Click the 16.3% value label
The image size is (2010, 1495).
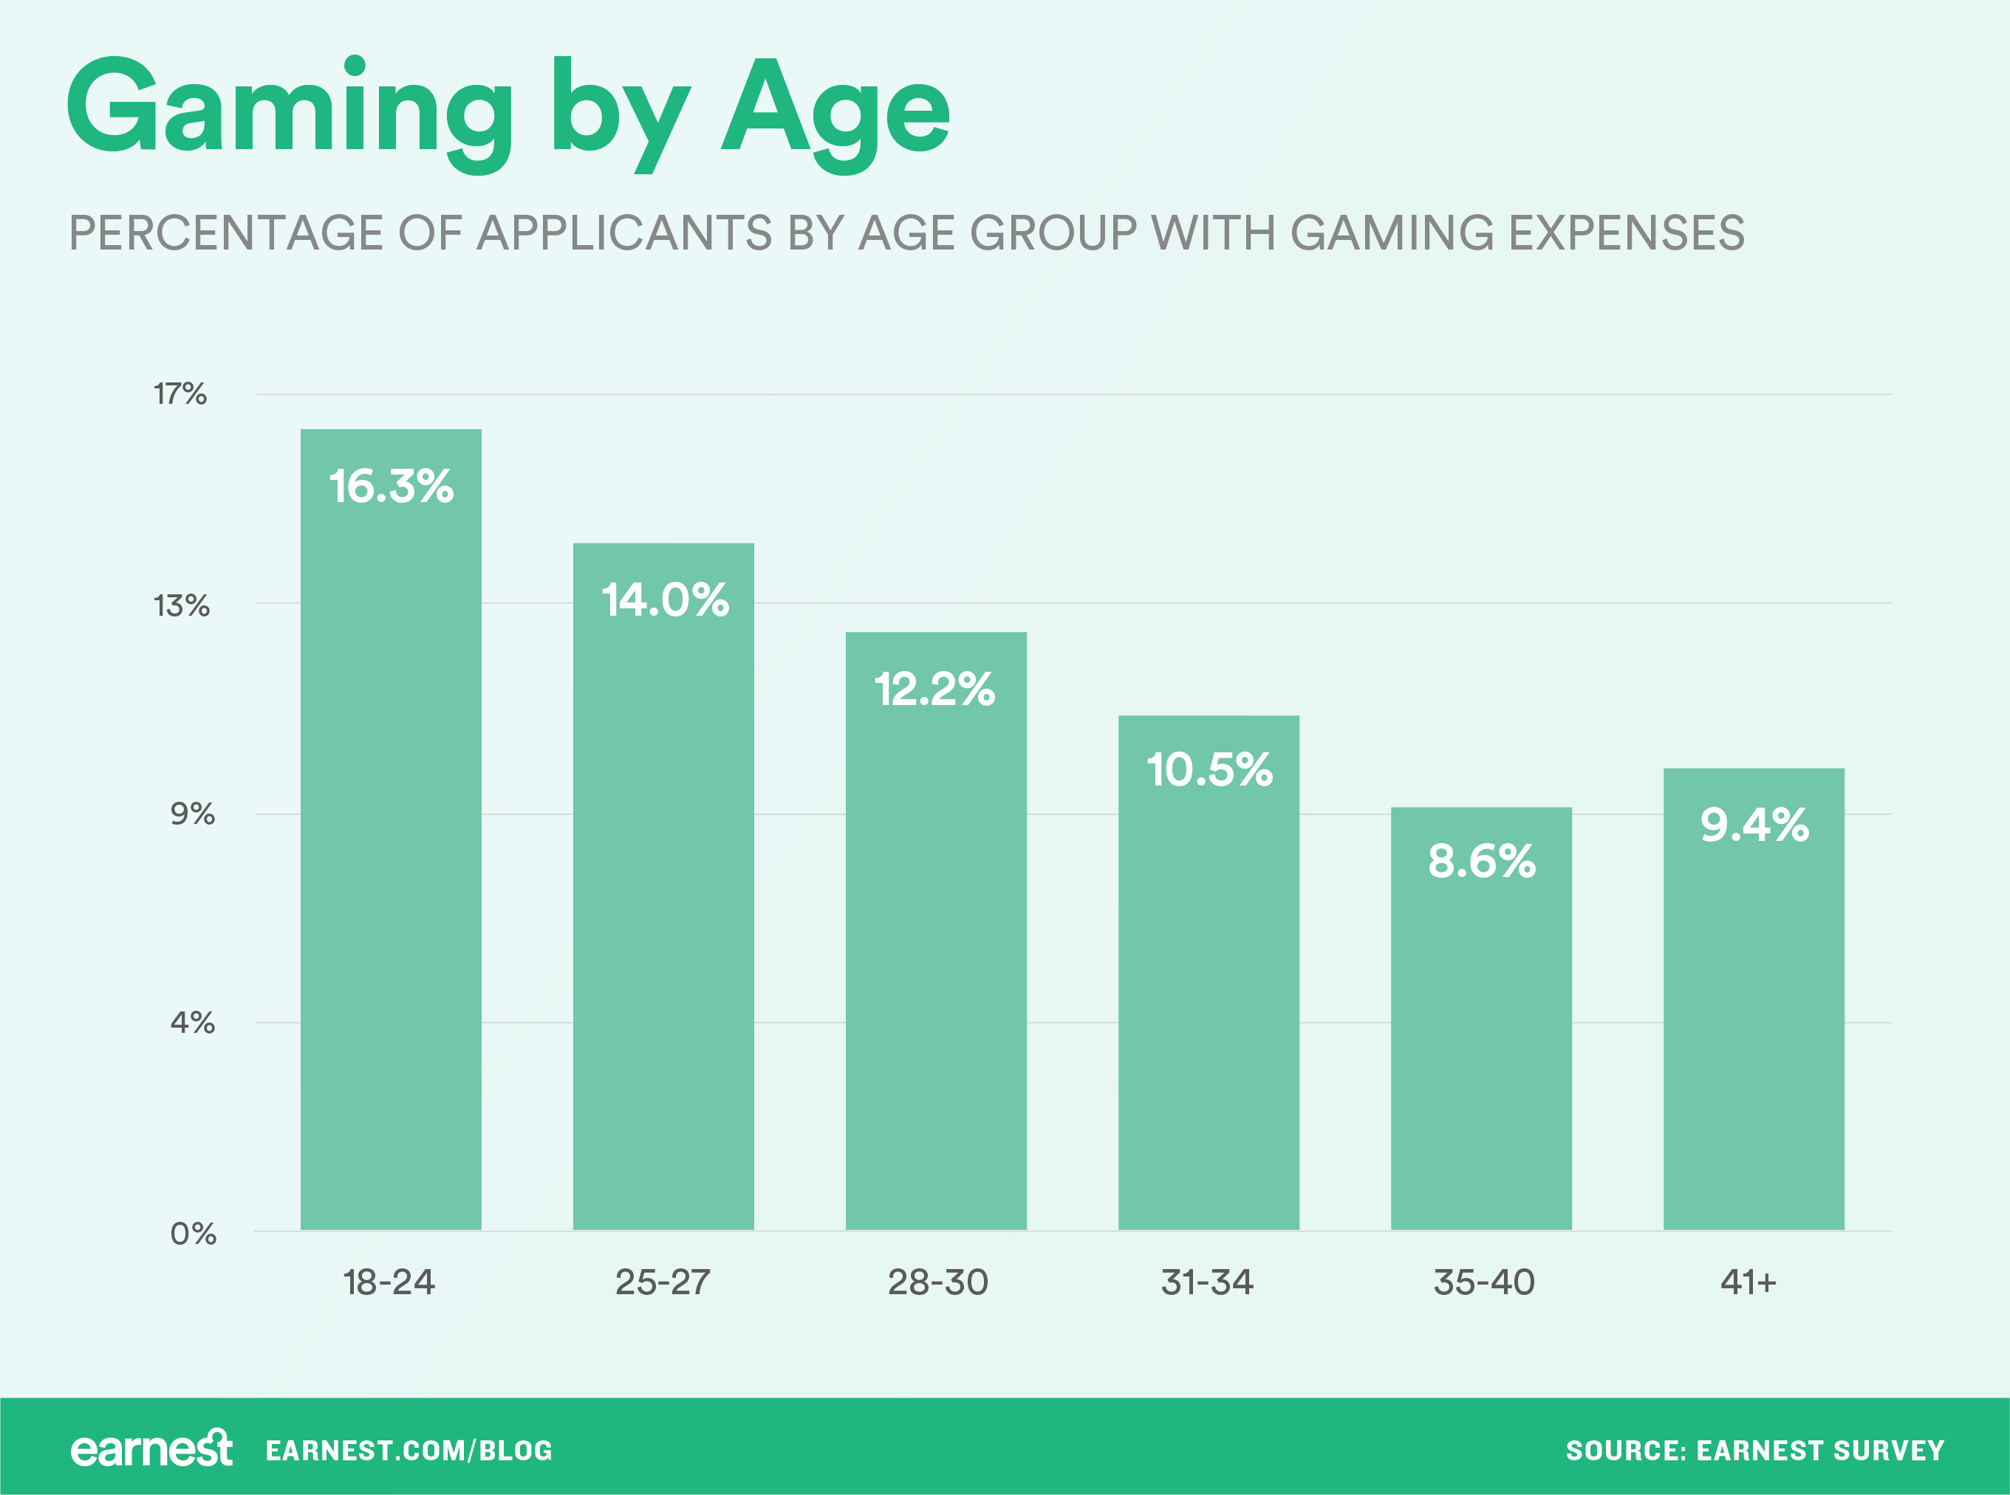tap(390, 487)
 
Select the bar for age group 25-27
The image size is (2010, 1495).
tap(663, 905)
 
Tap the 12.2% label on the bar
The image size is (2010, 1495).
tap(934, 690)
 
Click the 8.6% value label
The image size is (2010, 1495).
tap(1481, 861)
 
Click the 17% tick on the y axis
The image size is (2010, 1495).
tap(180, 393)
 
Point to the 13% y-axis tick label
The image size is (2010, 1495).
tap(181, 605)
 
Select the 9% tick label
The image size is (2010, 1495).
tap(192, 814)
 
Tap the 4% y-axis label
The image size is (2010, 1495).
tap(192, 1023)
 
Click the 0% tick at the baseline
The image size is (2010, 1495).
tap(193, 1234)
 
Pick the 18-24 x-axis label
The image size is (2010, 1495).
tap(389, 1282)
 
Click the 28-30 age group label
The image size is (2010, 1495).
tap(937, 1282)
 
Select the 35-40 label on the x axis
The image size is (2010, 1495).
tap(1483, 1282)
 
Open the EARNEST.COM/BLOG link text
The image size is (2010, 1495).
tap(409, 1451)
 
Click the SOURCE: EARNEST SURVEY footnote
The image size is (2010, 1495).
tap(1754, 1451)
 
